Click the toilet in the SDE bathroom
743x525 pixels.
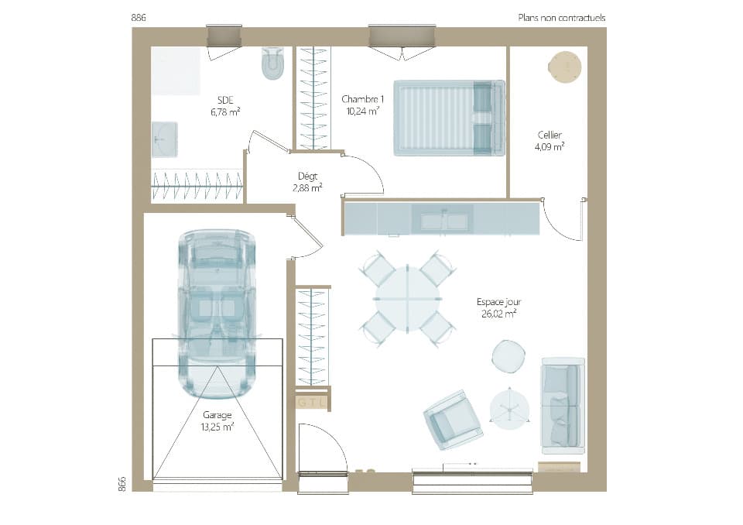(x=272, y=64)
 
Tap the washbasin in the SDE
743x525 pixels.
(x=164, y=139)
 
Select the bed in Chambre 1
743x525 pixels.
(x=449, y=118)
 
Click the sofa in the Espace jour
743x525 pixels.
(x=562, y=406)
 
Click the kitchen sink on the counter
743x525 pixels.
(x=444, y=221)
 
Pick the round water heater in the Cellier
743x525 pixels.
(x=563, y=67)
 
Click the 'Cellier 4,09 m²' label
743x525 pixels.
(x=550, y=140)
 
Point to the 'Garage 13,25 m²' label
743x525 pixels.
(x=217, y=420)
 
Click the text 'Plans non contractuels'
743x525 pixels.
(x=561, y=18)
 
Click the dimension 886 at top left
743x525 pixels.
(x=139, y=18)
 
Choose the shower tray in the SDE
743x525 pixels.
(x=176, y=71)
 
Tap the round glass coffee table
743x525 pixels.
(x=510, y=408)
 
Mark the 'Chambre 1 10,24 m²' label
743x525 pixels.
(x=361, y=105)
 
